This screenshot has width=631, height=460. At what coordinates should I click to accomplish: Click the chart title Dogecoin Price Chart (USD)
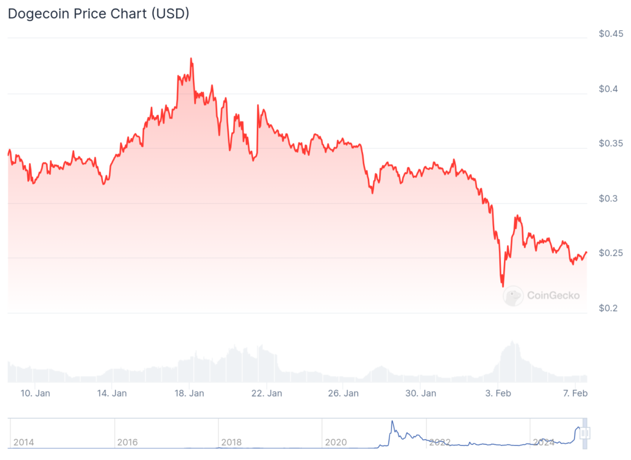(x=99, y=14)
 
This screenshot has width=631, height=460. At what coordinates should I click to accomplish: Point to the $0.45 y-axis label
(x=611, y=34)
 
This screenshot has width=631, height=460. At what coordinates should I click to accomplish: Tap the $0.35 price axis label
(x=611, y=143)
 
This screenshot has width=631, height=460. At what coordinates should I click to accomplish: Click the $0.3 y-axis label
(x=608, y=198)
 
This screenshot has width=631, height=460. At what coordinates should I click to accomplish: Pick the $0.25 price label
(x=611, y=253)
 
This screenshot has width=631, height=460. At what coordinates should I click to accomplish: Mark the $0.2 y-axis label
(x=608, y=308)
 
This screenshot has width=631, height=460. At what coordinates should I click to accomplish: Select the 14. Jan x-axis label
(x=112, y=393)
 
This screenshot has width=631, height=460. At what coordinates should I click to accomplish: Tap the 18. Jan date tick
(x=189, y=393)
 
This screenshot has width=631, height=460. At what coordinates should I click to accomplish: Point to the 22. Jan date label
(x=266, y=393)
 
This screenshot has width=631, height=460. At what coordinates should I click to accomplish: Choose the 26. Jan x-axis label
(x=343, y=393)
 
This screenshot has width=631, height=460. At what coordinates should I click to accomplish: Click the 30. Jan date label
(x=420, y=393)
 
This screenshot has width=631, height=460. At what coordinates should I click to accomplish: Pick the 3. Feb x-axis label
(x=498, y=393)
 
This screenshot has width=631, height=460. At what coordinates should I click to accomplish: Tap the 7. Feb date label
(x=574, y=393)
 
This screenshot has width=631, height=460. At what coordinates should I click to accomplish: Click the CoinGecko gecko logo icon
(x=513, y=296)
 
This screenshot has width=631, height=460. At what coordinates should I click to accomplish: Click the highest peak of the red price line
(x=191, y=59)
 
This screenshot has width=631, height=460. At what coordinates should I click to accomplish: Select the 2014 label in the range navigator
(x=23, y=442)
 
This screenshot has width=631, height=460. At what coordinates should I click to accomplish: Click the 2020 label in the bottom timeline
(x=336, y=442)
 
